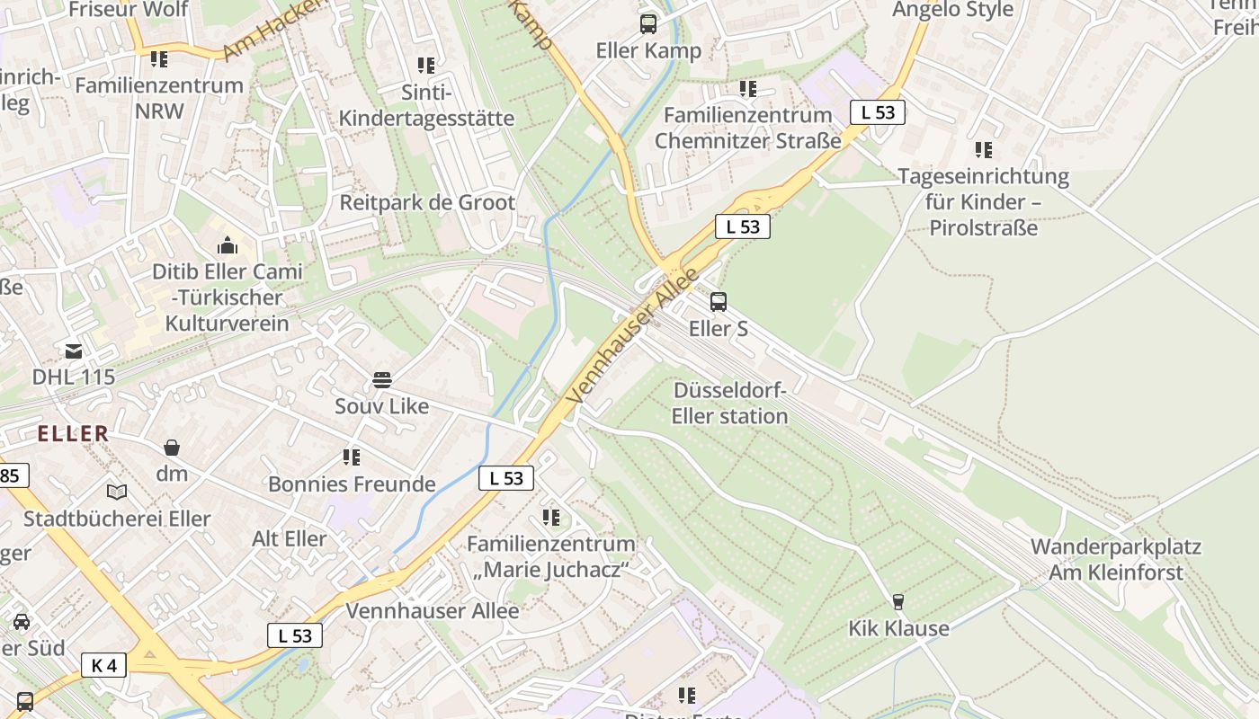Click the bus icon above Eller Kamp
tap(648, 24)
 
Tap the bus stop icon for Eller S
tap(718, 302)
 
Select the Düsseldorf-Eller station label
tap(729, 404)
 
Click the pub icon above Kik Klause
tap(897, 602)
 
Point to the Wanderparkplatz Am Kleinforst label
tap(1115, 559)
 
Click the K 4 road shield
tap(104, 665)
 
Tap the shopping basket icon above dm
tap(171, 448)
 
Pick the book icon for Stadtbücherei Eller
tap(117, 492)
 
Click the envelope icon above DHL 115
tap(74, 351)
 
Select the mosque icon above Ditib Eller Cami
tap(228, 245)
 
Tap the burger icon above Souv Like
tap(382, 379)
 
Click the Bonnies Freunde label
tap(352, 484)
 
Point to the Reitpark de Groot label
tap(427, 202)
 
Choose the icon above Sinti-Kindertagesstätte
tap(426, 66)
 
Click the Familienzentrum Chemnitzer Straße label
tap(748, 128)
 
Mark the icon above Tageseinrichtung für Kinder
tap(984, 150)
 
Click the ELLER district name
tap(73, 433)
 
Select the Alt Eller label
tap(290, 538)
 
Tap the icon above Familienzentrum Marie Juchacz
tap(551, 518)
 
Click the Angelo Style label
tap(952, 10)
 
